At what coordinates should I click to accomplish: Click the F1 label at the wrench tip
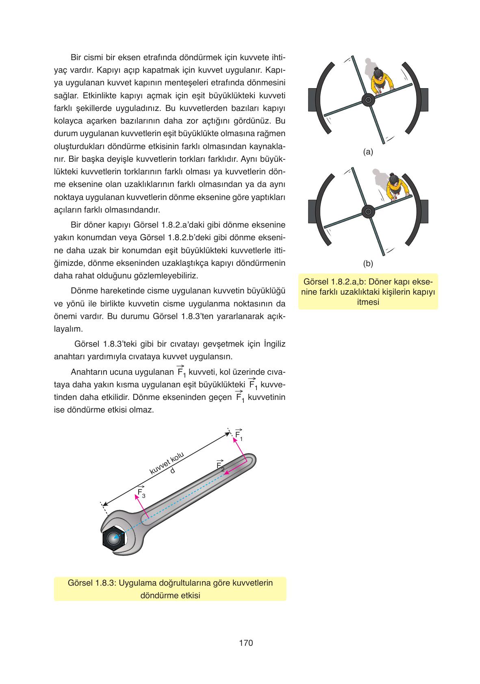(x=239, y=435)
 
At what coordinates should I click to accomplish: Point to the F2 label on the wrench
(x=220, y=466)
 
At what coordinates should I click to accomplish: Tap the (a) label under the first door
(x=368, y=152)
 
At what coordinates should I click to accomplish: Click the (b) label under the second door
(x=368, y=263)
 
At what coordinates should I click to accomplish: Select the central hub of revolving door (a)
(x=368, y=100)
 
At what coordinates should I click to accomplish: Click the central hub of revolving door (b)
(x=368, y=211)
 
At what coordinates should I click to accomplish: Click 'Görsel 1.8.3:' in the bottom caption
(x=92, y=583)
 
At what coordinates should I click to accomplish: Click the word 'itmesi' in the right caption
(x=368, y=302)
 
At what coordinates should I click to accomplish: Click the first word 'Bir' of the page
(x=77, y=57)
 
